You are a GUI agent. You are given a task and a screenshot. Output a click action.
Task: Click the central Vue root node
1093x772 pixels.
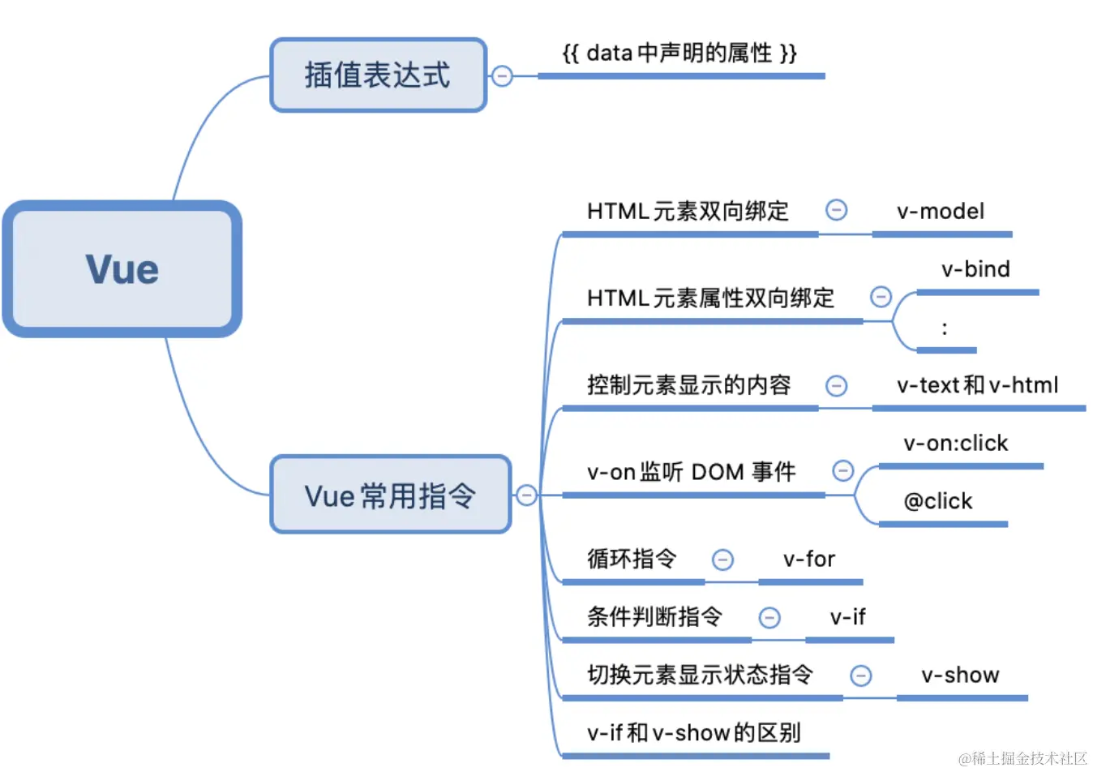coord(122,269)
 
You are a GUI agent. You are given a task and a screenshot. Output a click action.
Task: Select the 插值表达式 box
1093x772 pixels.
coord(378,75)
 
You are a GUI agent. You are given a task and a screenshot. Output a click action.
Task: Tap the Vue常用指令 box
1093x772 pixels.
coord(390,495)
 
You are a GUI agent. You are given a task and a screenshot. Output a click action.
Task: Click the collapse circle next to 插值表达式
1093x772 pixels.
coord(503,76)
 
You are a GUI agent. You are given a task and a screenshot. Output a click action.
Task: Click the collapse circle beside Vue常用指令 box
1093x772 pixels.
coord(526,495)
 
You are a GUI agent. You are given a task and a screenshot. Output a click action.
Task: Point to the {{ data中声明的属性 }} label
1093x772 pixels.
coord(679,54)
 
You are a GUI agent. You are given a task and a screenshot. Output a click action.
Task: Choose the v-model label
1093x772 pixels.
coord(940,212)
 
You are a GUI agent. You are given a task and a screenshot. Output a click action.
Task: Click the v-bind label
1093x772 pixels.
coord(975,269)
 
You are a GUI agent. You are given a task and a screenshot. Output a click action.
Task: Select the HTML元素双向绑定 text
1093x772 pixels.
coord(688,212)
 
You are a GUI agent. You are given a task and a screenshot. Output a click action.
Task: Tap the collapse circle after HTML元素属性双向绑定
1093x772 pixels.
coord(881,297)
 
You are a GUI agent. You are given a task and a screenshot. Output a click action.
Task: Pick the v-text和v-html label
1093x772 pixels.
coord(977,385)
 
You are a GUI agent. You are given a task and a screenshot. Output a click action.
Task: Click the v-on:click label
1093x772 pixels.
coord(956,444)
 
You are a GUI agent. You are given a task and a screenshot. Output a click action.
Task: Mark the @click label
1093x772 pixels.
coord(938,501)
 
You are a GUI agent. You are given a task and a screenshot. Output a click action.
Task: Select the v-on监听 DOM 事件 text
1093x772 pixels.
coord(691,472)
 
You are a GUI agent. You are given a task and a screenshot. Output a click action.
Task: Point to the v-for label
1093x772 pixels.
coord(808,560)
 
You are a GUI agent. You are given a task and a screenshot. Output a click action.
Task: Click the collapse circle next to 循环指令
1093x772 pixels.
coord(722,560)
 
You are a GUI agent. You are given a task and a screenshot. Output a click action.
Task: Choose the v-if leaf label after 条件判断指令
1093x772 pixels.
coord(847,617)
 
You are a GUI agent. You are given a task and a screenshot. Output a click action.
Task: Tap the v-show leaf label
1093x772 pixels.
coord(960,675)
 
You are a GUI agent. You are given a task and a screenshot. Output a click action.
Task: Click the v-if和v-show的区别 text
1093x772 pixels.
coord(693,733)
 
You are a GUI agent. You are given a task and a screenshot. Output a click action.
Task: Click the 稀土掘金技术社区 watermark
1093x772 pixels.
coord(1022,758)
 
